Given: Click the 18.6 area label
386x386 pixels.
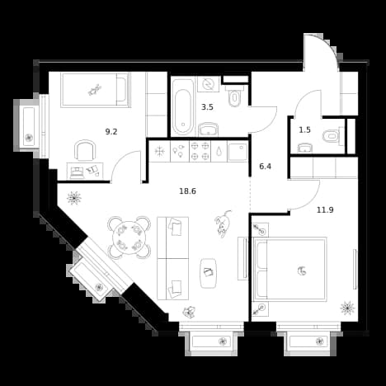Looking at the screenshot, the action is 187,191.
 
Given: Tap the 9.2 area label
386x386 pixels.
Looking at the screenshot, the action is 111,132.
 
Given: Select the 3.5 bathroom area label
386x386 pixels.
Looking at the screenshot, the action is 207,107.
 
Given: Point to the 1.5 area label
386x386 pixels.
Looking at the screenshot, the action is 304,129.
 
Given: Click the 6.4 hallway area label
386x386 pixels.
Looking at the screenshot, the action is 266,167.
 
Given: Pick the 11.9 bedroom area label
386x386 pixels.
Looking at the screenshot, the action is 325,210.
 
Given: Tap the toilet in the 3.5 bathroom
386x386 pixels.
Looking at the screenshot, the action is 234,96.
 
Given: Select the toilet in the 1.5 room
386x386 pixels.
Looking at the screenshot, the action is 333,136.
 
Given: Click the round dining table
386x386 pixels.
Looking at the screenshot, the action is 129,238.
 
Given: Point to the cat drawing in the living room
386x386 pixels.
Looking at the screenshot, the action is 223,224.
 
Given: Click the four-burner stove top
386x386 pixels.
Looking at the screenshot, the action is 200,151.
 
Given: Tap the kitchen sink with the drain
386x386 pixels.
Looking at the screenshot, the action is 238,152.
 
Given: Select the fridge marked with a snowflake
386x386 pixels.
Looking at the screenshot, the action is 159,151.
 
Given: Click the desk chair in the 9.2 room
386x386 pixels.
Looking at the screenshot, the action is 86,150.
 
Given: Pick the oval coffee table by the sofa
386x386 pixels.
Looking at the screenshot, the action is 209,273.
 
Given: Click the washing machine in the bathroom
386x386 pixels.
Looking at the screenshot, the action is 208,84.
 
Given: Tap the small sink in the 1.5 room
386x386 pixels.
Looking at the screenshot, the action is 305,148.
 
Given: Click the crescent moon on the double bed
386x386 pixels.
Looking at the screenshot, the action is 302,271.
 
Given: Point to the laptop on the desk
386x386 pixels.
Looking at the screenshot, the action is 78,172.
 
